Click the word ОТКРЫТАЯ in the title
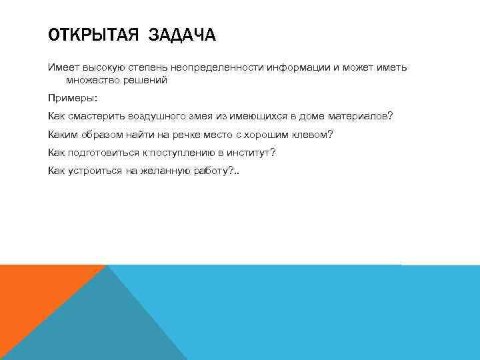(89, 35)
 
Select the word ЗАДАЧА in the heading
(182, 35)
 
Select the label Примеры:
(72, 98)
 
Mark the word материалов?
(360, 116)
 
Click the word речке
(191, 135)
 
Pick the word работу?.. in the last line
(214, 171)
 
